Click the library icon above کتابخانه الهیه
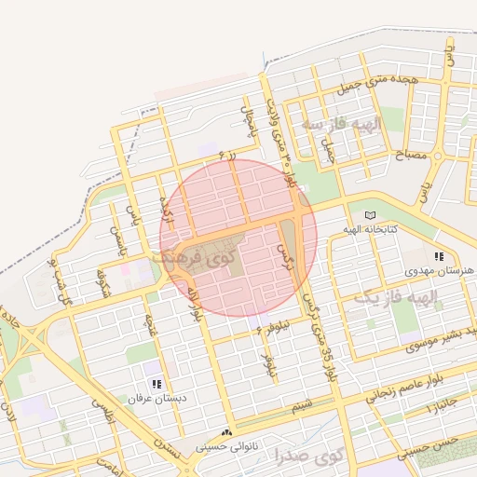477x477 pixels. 371,214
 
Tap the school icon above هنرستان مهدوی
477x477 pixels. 439,256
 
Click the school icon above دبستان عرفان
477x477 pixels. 157,383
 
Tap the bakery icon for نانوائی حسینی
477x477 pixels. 227,432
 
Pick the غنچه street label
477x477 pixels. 150,327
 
